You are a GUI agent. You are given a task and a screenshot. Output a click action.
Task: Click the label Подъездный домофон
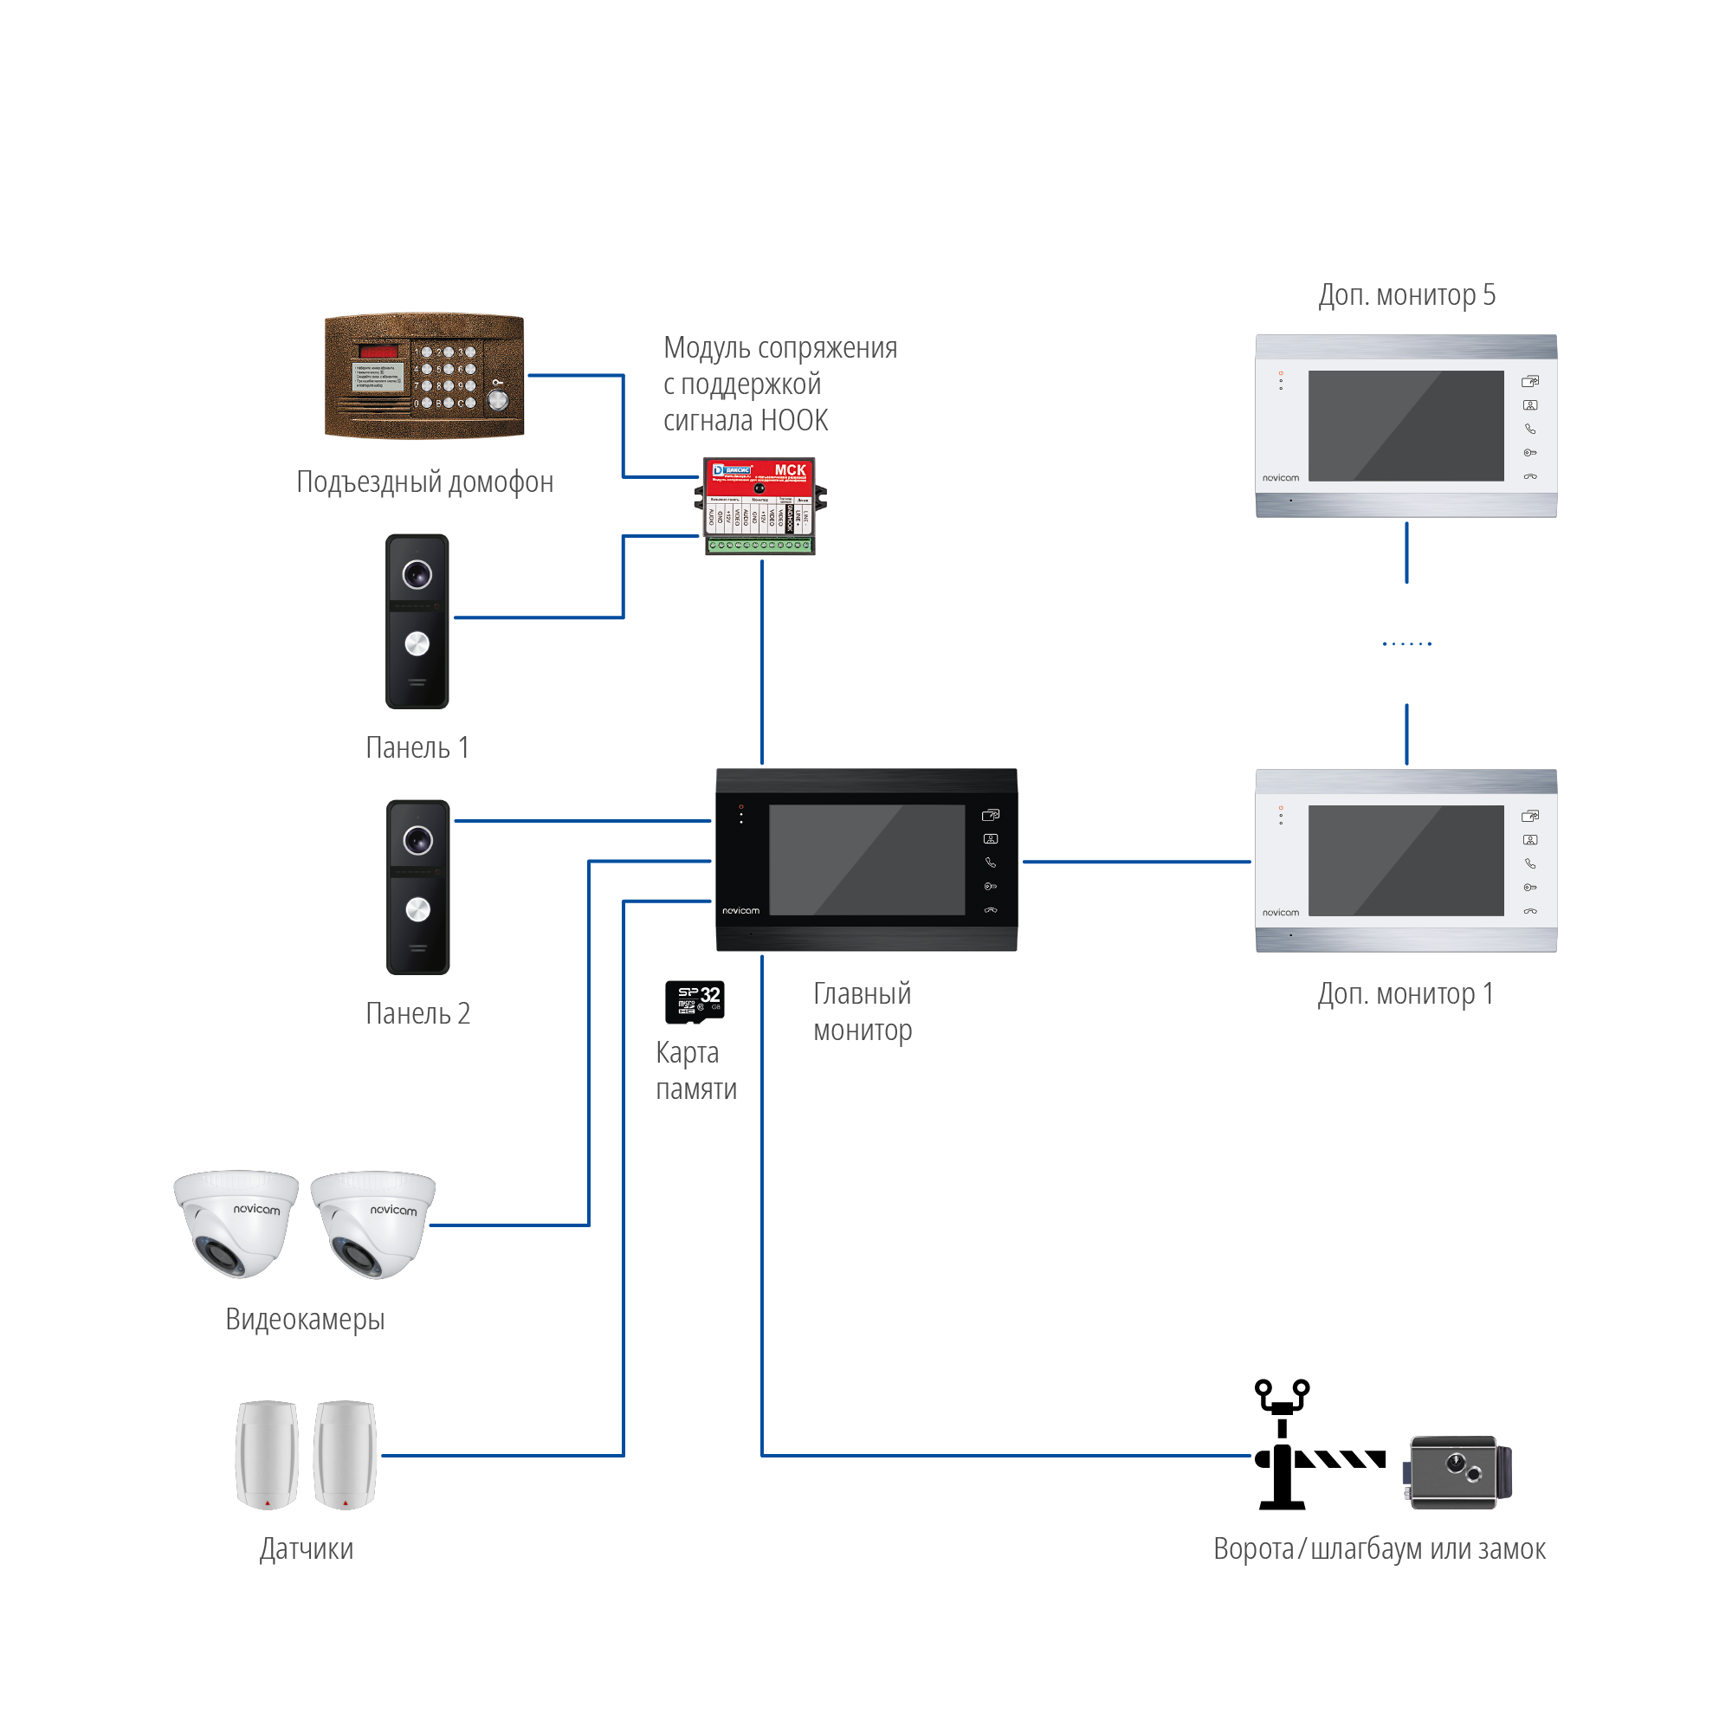[424, 482]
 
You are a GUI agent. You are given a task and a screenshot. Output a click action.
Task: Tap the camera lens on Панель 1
[417, 574]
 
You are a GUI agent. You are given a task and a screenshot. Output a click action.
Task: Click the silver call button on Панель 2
[417, 909]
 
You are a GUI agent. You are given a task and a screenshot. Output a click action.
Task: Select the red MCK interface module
[759, 507]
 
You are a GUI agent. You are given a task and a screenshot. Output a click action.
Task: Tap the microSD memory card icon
[695, 1001]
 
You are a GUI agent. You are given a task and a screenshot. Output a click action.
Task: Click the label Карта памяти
[695, 1070]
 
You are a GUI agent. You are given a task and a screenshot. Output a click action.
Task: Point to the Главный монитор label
[862, 1011]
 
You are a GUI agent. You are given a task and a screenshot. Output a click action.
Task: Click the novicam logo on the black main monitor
[740, 911]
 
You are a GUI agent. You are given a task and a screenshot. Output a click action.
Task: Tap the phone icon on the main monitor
[991, 863]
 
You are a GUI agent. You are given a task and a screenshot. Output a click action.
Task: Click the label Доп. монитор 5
[1406, 295]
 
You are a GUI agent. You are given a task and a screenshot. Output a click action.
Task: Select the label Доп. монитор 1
[1405, 993]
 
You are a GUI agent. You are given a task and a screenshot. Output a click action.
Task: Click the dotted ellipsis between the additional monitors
[1406, 643]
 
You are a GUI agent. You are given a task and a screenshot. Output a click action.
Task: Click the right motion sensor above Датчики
[346, 1454]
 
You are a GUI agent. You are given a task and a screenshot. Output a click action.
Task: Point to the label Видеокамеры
[305, 1319]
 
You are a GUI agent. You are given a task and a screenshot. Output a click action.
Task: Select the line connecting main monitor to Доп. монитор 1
[1136, 862]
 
